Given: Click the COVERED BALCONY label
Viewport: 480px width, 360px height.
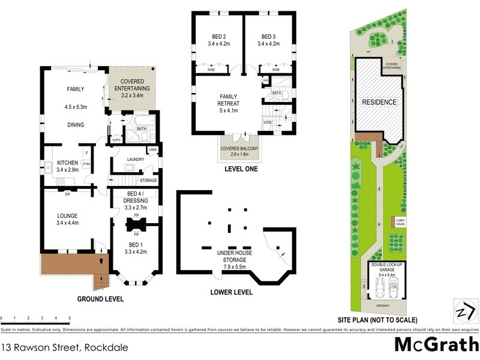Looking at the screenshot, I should pos(236,150).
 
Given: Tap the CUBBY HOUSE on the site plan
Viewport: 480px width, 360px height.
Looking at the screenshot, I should pos(400,223).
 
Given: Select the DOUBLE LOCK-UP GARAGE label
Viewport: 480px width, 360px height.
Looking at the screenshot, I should pos(385,268).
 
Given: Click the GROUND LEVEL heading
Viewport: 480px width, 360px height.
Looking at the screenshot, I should pos(101,298).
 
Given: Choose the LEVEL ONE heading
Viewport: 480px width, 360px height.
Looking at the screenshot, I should pos(241,169).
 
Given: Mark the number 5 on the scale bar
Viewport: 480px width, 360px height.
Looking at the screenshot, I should pos(70,317).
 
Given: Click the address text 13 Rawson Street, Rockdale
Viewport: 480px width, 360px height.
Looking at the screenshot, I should pos(65,347).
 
